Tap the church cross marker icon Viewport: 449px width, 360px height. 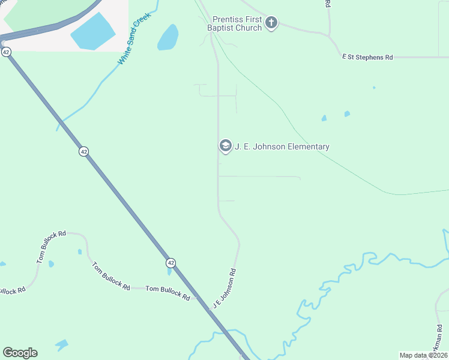271,23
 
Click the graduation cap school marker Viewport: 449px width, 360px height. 225,146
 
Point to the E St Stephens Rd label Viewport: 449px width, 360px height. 367,57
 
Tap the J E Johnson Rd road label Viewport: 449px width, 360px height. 224,289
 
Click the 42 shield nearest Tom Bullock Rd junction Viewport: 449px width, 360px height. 171,263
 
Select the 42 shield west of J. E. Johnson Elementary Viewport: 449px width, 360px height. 83,152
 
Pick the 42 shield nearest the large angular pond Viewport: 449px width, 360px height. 6,52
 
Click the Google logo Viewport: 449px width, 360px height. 20,353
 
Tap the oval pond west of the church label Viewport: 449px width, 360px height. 168,38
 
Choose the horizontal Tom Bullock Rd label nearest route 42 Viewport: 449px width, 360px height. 167,292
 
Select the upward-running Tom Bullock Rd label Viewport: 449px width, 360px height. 51,246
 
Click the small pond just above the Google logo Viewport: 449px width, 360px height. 61,344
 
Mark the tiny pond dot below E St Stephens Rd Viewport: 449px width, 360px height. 374,88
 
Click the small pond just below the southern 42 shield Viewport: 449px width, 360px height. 170,272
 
